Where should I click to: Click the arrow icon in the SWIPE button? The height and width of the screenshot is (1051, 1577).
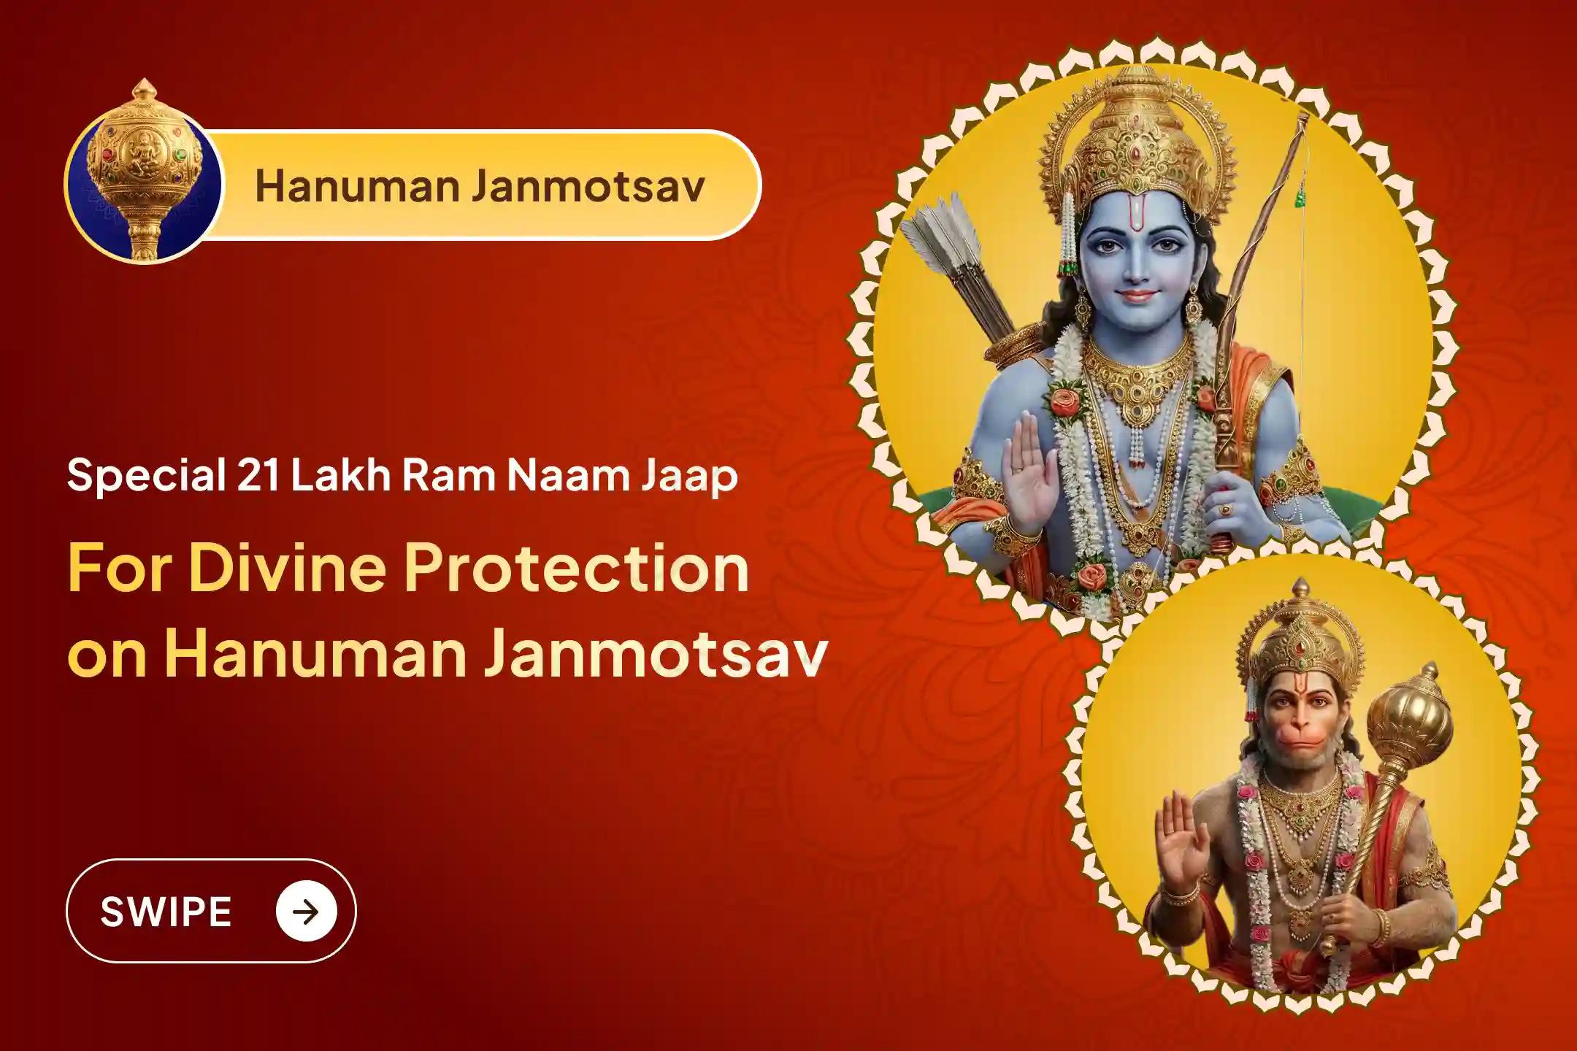click(307, 911)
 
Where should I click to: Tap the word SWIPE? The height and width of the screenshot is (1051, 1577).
click(166, 912)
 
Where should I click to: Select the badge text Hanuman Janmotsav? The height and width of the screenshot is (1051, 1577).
click(480, 185)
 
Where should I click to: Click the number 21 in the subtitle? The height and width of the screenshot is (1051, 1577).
click(258, 475)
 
